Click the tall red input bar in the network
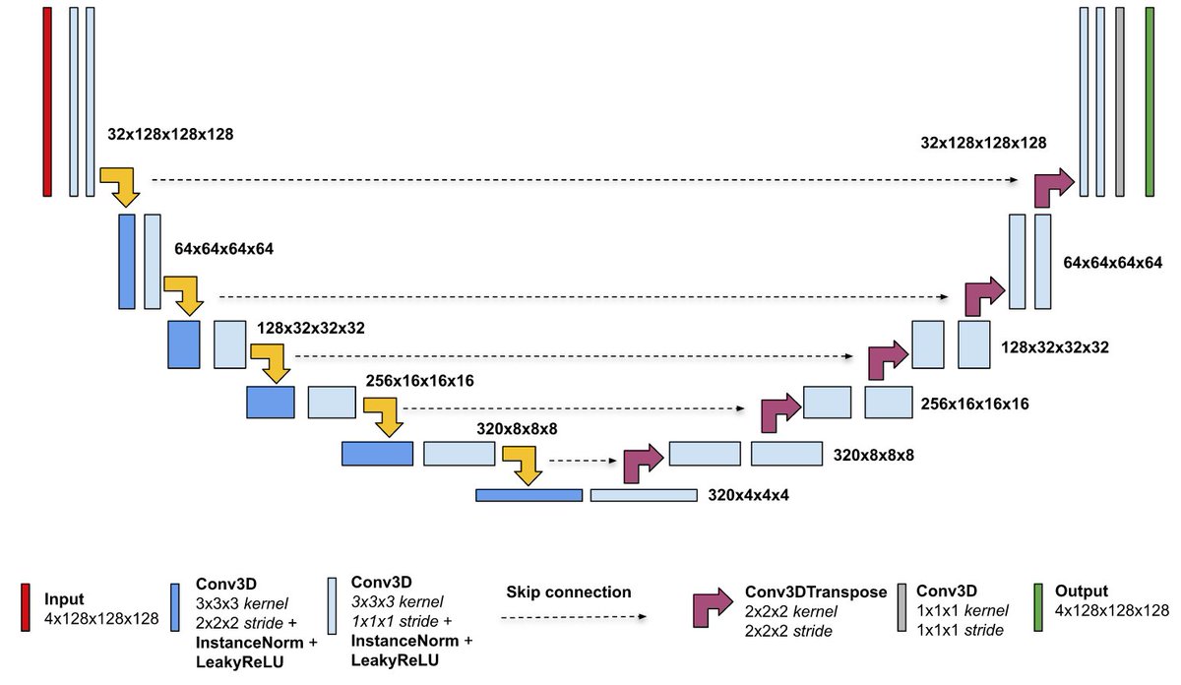pyautogui.click(x=47, y=101)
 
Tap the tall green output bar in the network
pyautogui.click(x=1150, y=101)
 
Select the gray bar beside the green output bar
pyautogui.click(x=1121, y=101)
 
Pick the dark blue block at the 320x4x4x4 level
pyautogui.click(x=528, y=495)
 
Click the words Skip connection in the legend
pyautogui.click(x=569, y=592)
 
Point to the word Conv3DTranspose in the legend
pyautogui.click(x=816, y=592)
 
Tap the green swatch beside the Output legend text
pyautogui.click(x=1038, y=608)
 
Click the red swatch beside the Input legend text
pyautogui.click(x=25, y=608)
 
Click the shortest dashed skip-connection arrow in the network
pyautogui.click(x=585, y=460)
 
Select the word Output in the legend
pyautogui.click(x=1081, y=592)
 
